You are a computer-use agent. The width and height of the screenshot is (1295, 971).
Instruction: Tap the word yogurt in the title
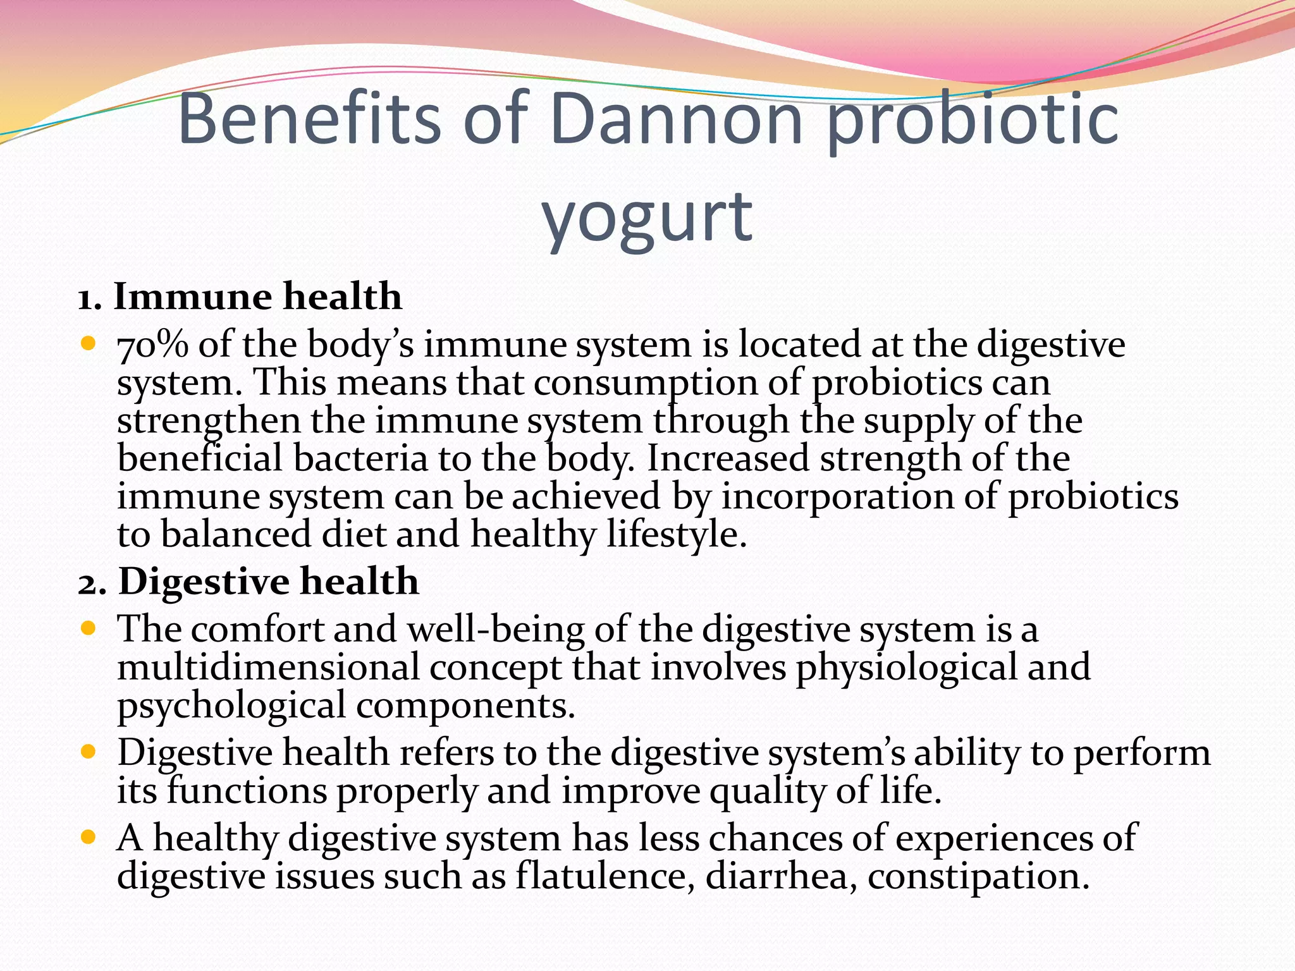647,218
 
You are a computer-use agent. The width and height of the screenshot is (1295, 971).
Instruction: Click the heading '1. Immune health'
240,296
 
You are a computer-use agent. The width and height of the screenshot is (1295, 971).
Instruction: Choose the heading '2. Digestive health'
249,582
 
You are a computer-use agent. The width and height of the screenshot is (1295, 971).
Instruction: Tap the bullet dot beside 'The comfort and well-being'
89,629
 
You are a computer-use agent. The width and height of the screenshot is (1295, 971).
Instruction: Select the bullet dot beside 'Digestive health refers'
89,752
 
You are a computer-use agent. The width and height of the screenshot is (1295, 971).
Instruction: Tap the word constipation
978,876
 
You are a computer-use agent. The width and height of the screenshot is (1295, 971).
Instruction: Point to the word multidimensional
268,668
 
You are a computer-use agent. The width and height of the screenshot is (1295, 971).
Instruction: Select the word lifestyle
677,535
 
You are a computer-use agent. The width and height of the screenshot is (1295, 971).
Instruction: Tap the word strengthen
208,422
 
